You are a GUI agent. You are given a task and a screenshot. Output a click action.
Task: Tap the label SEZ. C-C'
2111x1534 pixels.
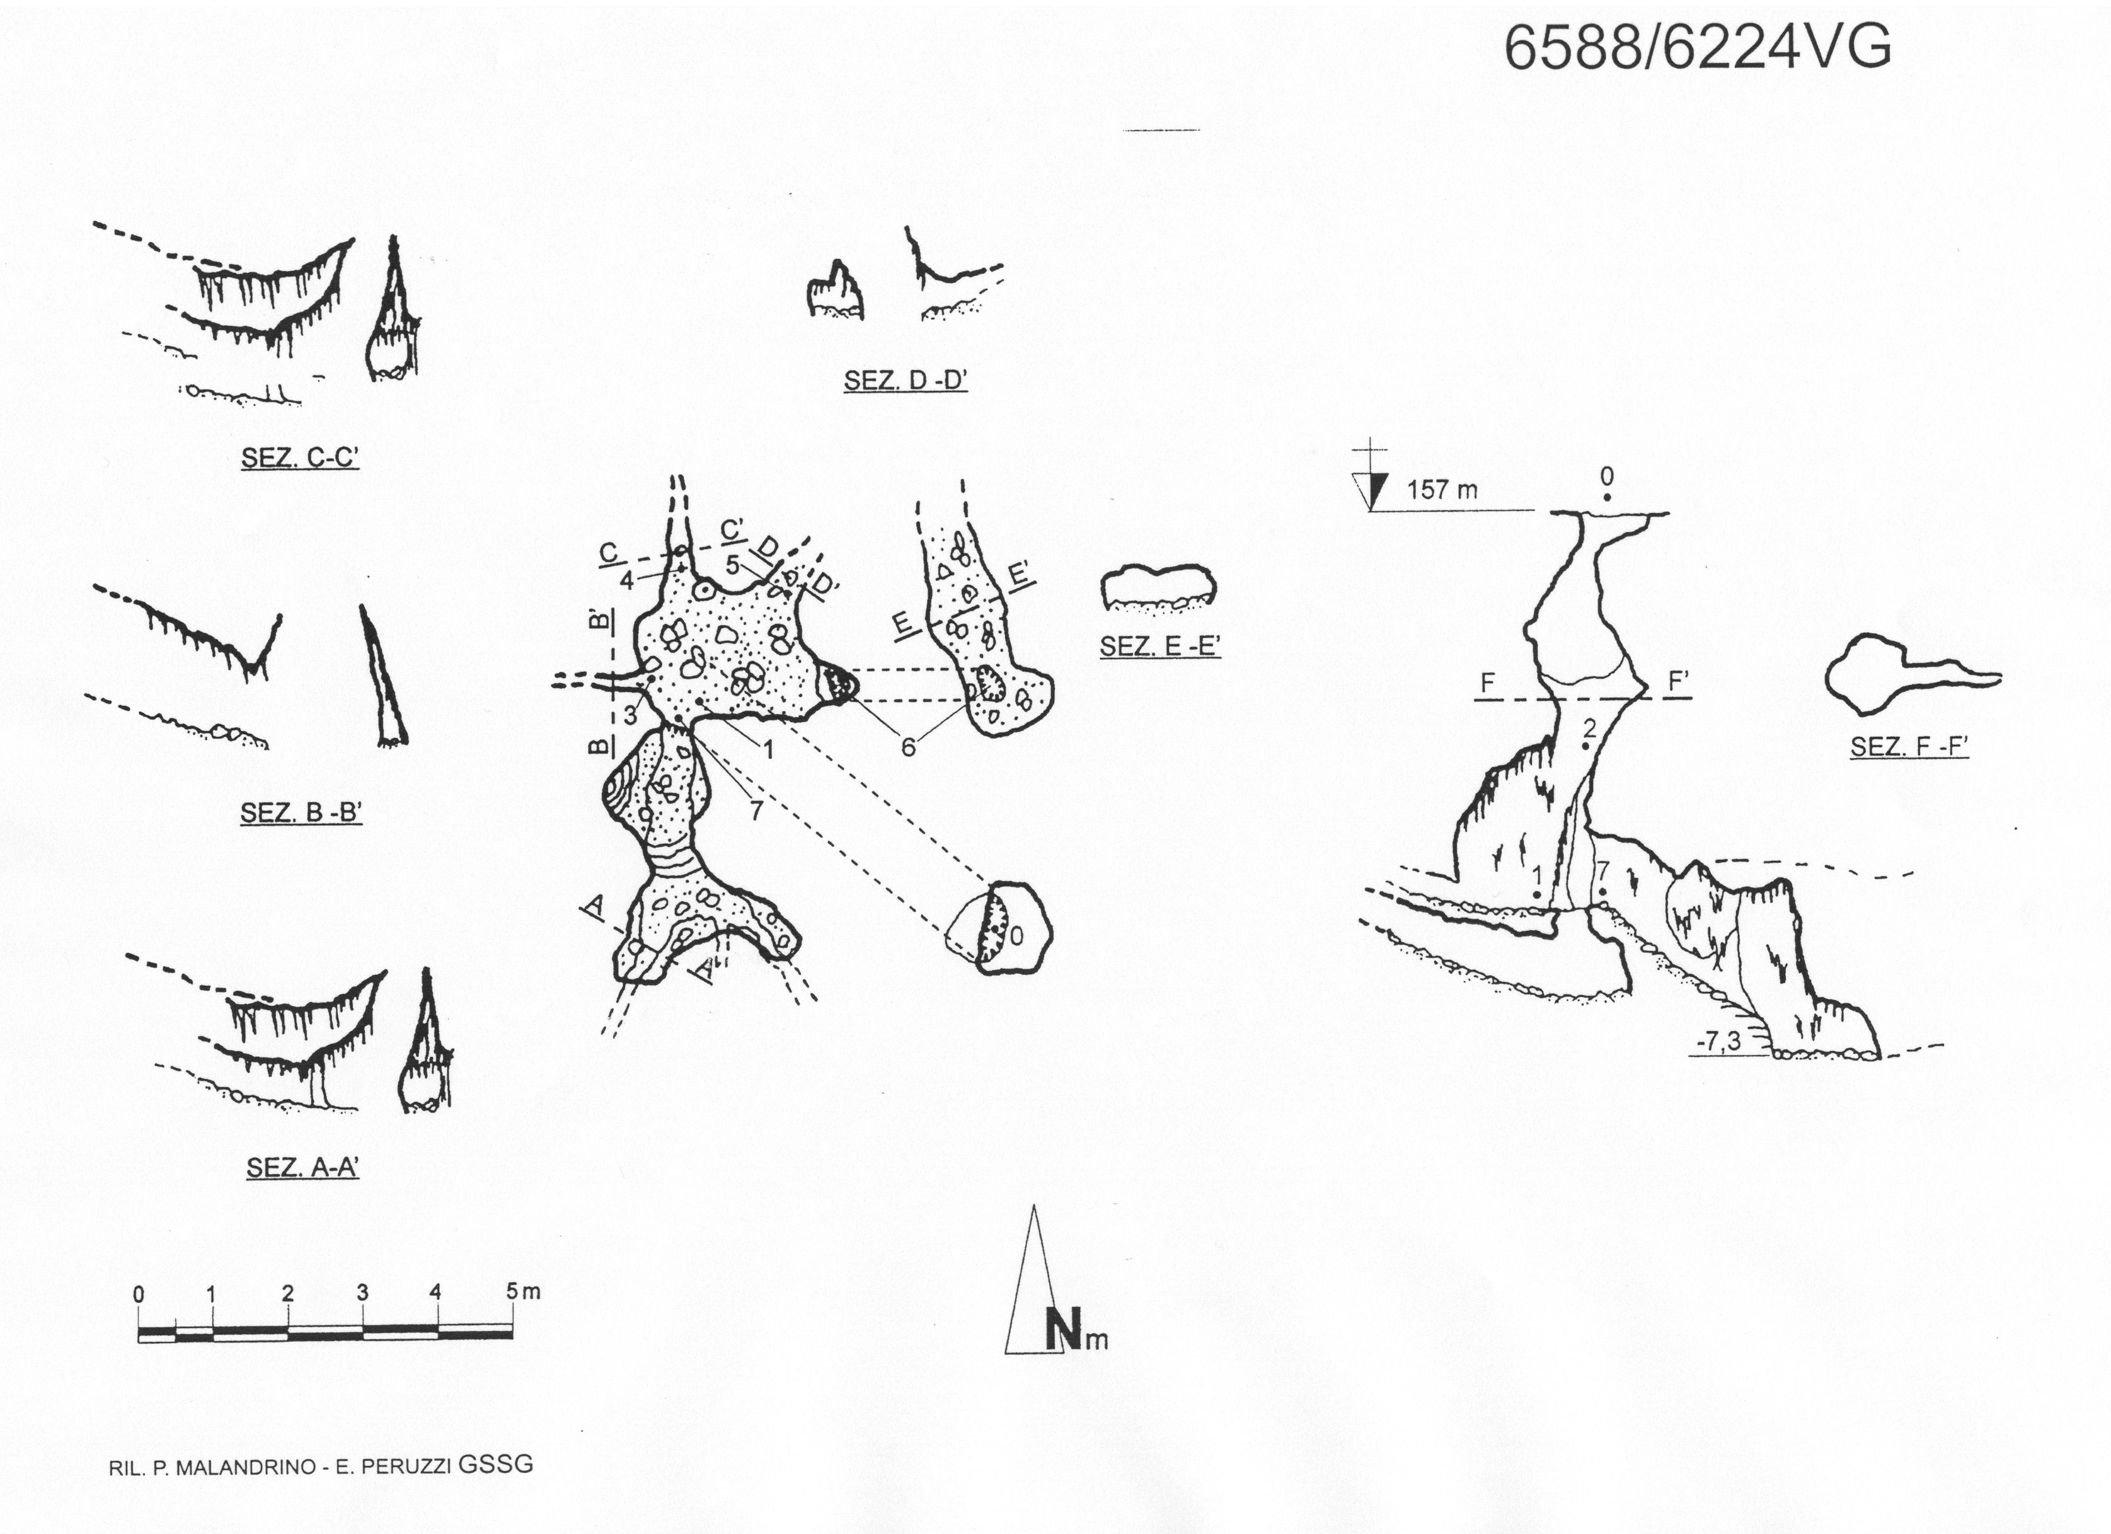click(x=300, y=458)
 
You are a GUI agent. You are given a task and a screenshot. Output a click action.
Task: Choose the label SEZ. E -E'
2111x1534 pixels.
click(x=1159, y=646)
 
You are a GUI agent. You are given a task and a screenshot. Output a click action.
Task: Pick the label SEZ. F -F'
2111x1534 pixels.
click(x=1909, y=747)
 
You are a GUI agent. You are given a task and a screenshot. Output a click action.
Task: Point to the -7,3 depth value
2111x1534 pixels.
click(x=1717, y=1042)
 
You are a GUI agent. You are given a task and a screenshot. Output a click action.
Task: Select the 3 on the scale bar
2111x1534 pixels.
click(x=362, y=1292)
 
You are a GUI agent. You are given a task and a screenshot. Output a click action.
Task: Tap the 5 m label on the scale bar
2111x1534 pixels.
click(x=523, y=1291)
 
